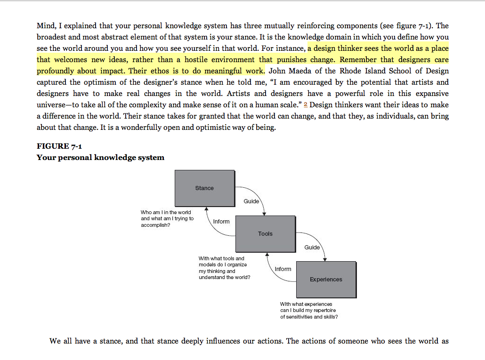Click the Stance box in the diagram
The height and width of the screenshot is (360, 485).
[204, 188]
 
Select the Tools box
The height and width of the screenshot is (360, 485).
[265, 233]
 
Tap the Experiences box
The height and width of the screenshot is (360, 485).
[326, 279]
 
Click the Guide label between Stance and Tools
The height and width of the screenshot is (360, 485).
[251, 201]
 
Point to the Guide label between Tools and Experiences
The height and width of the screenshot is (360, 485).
[312, 247]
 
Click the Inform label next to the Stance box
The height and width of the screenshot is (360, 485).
[221, 221]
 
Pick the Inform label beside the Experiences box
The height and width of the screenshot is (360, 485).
[283, 269]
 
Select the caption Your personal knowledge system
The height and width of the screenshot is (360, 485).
[100, 158]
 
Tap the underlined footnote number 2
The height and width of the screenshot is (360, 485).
[306, 104]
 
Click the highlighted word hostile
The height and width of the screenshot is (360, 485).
[198, 59]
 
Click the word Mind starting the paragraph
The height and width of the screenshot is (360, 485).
[45, 25]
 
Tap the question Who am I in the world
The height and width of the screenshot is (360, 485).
[166, 212]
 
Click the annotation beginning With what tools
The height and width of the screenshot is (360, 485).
[221, 258]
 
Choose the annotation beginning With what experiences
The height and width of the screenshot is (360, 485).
[306, 304]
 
